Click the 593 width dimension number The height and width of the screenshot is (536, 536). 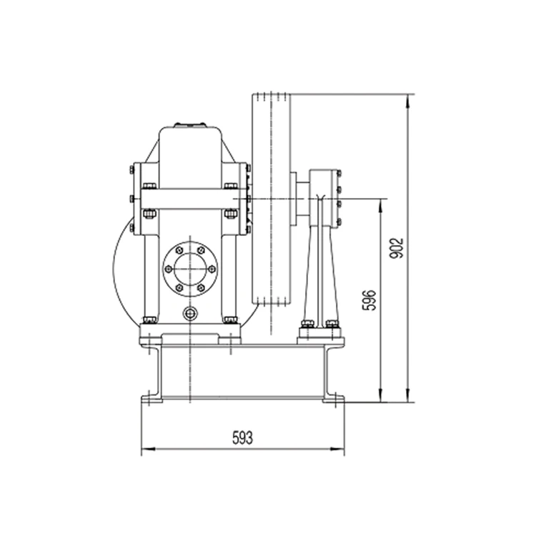(242, 437)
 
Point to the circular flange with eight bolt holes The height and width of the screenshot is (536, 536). (189, 269)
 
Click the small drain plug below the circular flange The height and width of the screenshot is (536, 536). (189, 313)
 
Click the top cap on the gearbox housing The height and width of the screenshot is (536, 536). (189, 126)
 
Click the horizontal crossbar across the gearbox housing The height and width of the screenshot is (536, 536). (189, 199)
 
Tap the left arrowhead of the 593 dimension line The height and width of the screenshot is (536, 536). (146, 450)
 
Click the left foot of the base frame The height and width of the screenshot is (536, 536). (152, 397)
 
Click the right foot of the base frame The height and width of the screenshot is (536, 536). (333, 397)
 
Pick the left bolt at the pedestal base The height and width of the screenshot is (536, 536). (307, 324)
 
